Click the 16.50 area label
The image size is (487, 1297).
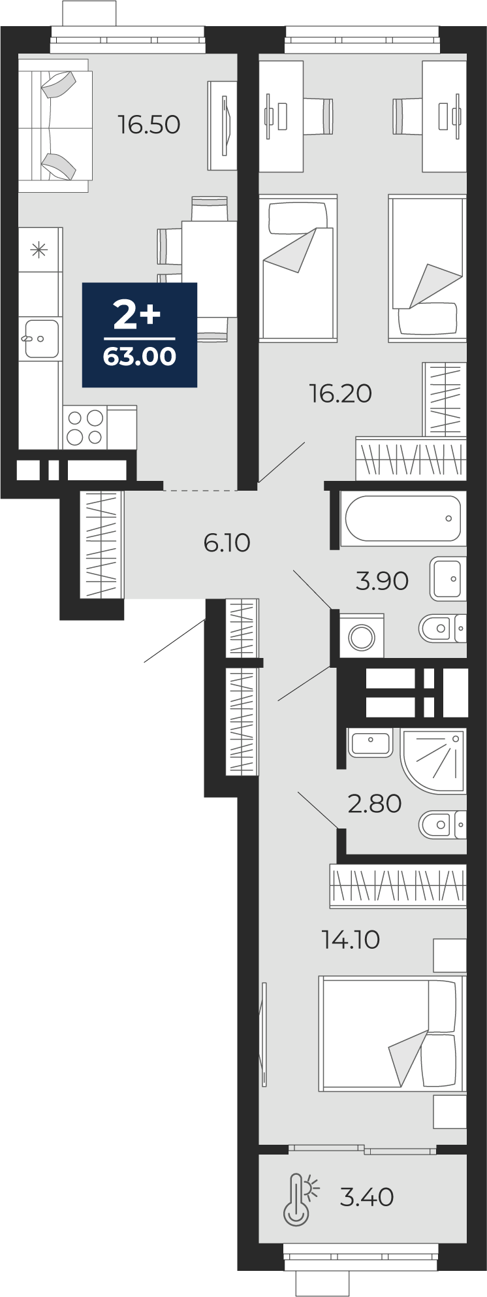coord(149,124)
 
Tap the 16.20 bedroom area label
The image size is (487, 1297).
coord(340,393)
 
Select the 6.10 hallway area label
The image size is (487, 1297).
coord(227,542)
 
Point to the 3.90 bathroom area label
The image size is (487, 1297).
coord(382,580)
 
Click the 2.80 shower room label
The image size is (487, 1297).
coord(374,804)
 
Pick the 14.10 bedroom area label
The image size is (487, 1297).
coord(351,940)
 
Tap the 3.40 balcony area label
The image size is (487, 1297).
coord(367,1197)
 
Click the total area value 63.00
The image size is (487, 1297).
coord(139,357)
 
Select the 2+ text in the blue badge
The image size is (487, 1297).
coord(137,316)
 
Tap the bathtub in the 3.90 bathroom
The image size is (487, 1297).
coord(403,519)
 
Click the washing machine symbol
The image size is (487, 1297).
coord(361,636)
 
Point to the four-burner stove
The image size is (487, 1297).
coord(86,427)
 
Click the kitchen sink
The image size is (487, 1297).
coord(41,338)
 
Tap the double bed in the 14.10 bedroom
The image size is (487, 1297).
coord(392,1034)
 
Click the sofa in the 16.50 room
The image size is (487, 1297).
coord(54,125)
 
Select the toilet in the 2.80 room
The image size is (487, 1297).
coord(442,825)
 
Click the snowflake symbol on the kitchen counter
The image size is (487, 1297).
coord(40,249)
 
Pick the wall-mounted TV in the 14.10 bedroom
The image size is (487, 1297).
coord(264,1034)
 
